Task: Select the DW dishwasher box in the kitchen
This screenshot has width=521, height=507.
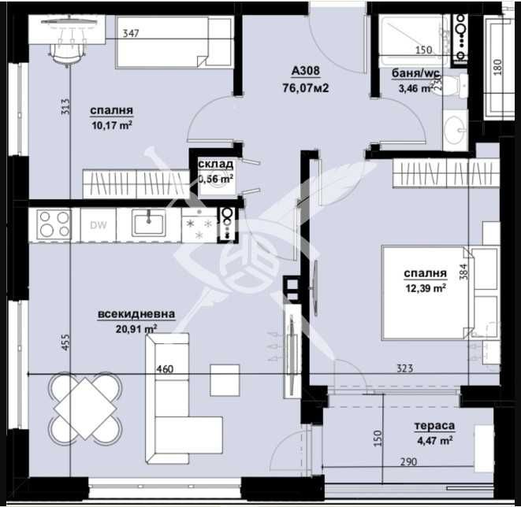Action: pos(98,225)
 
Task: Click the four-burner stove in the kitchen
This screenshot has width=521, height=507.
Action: pos(54,225)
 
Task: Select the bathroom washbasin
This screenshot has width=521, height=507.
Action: pos(455,131)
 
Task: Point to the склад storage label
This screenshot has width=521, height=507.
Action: pos(216,165)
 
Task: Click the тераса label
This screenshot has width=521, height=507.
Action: pos(434,426)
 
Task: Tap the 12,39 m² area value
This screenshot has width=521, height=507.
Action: pos(426,289)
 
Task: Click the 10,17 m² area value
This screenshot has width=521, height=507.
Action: pos(110,124)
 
